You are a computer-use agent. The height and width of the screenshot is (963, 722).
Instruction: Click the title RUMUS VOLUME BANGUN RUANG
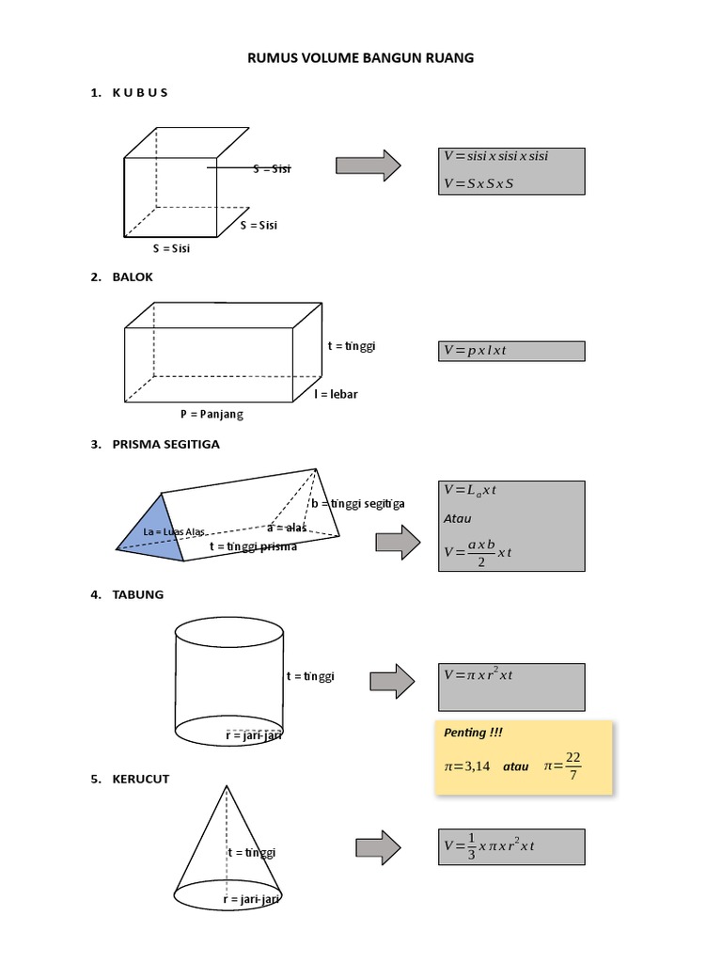(361, 58)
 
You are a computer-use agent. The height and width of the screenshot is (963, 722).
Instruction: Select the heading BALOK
(134, 277)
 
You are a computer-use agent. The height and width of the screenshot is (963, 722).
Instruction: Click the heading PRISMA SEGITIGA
(167, 444)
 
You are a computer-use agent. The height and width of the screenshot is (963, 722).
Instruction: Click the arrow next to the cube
(369, 166)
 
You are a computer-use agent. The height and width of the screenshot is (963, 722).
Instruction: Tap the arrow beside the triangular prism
(400, 543)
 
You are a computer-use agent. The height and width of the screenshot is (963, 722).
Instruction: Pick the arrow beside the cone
(379, 847)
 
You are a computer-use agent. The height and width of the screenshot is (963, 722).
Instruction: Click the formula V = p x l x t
(476, 351)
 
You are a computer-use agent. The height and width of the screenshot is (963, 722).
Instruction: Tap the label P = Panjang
(212, 414)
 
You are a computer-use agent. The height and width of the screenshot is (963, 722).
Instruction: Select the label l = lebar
(336, 394)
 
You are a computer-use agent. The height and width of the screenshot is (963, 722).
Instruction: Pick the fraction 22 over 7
(574, 766)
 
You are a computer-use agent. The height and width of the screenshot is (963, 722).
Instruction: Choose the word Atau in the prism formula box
(458, 518)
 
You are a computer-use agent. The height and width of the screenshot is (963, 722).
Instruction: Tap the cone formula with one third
(490, 846)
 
